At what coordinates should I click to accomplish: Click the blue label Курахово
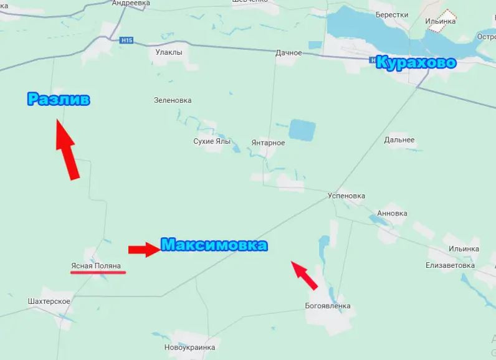(x=416, y=64)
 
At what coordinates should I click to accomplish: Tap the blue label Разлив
(x=59, y=100)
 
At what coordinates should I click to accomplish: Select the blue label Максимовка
(x=214, y=245)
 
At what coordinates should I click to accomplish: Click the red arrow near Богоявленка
(x=305, y=275)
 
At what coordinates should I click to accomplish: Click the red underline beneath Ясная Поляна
(x=98, y=273)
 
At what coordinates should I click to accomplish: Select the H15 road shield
(x=126, y=40)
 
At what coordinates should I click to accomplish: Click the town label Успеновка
(x=346, y=196)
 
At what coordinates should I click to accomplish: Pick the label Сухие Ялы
(x=212, y=141)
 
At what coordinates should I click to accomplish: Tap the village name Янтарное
(x=268, y=143)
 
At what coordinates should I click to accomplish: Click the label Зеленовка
(x=173, y=100)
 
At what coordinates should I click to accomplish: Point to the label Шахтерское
(x=49, y=301)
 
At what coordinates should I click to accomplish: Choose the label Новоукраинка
(x=189, y=348)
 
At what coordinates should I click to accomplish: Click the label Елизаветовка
(x=451, y=265)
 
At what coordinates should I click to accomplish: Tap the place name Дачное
(x=289, y=53)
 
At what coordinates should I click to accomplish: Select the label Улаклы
(x=169, y=52)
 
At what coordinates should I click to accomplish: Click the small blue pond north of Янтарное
(x=302, y=131)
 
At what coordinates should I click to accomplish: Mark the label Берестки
(x=392, y=15)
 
